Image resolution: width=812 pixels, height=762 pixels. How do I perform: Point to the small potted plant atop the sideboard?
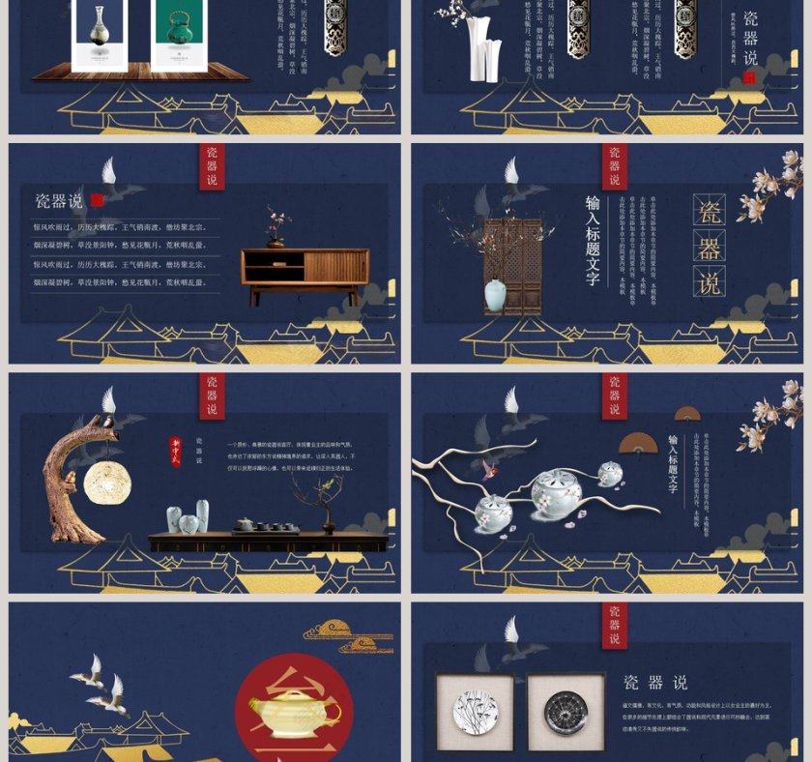[277, 228]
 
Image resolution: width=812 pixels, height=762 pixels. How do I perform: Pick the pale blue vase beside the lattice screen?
[495, 295]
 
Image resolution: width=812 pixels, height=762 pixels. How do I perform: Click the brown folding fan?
[637, 442]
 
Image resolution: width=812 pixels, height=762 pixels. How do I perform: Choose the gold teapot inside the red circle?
[294, 713]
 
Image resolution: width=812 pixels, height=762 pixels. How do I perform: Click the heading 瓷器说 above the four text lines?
[59, 201]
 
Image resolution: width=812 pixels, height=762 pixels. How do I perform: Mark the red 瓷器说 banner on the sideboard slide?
[212, 166]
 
